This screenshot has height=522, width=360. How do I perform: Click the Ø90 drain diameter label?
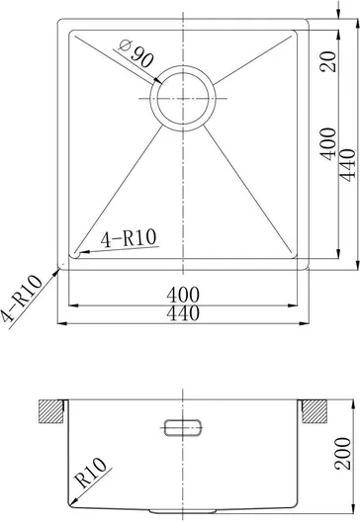point(135,53)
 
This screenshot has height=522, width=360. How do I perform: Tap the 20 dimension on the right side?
point(327,61)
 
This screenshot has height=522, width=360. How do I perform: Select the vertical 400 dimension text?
point(327,143)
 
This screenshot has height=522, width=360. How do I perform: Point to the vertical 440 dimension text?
point(348,165)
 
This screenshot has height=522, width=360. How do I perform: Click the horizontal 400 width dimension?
point(183,295)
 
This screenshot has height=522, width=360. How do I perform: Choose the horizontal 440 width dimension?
point(183,313)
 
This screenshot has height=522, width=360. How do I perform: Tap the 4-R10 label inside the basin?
point(129,238)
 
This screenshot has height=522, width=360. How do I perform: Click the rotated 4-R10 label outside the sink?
point(21,299)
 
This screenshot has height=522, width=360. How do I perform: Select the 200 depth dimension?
point(342,454)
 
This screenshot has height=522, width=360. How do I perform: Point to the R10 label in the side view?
point(90,472)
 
